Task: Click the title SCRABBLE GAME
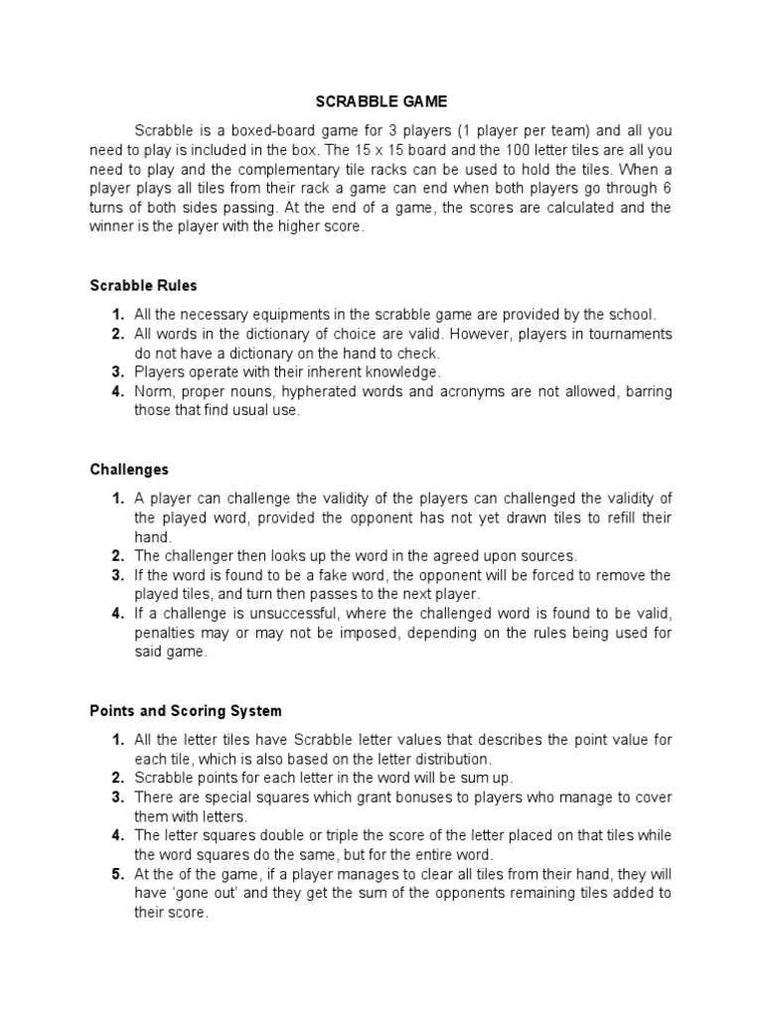tap(381, 101)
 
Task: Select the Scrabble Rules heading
tap(143, 286)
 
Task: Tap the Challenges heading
tap(129, 470)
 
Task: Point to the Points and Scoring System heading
tap(186, 711)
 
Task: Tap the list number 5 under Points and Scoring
tap(117, 875)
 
